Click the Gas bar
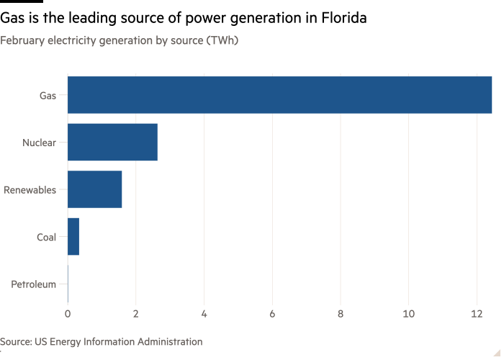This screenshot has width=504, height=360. [x=279, y=95]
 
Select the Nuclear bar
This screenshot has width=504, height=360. [x=112, y=142]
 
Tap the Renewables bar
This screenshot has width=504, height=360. [x=94, y=189]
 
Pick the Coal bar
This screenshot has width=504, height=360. [x=73, y=237]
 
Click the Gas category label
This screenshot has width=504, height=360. [x=48, y=95]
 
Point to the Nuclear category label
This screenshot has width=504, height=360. [x=39, y=142]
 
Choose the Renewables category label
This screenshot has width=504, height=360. [x=30, y=189]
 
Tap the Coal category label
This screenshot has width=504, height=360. [x=46, y=237]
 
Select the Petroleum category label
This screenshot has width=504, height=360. [x=33, y=284]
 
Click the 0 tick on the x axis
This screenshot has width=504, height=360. [x=68, y=313]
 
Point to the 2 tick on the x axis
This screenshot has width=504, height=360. [x=135, y=313]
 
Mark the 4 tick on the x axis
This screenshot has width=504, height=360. [x=204, y=313]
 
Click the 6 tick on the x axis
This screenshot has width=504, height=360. [x=272, y=313]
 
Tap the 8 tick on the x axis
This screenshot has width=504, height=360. [x=341, y=313]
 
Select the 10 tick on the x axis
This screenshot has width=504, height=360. [x=408, y=313]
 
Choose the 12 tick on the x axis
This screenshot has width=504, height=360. [x=477, y=313]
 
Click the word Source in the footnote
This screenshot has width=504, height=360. [x=14, y=341]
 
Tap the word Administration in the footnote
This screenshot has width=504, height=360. [x=171, y=341]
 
